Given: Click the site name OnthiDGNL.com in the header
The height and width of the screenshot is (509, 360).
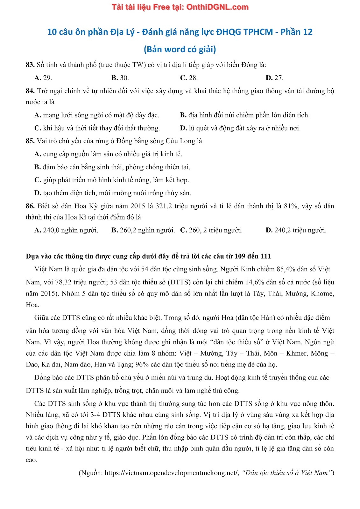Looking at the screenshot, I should click(217, 7).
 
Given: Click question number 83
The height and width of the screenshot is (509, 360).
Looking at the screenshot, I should click(30, 65).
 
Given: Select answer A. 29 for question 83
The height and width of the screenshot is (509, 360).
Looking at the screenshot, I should click(43, 78).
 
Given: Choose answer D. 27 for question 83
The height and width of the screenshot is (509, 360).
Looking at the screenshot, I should click(274, 78).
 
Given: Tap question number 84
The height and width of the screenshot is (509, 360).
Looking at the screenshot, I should click(30, 91).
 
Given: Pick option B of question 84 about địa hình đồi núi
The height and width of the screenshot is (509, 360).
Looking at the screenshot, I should click(244, 115).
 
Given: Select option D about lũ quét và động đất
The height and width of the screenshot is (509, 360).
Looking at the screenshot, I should click(240, 128).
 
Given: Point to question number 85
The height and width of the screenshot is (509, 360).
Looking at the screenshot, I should click(30, 141).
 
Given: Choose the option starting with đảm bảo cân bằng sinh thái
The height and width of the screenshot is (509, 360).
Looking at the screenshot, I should click(112, 167).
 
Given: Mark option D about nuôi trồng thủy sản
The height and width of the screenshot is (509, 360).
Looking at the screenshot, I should click(113, 193).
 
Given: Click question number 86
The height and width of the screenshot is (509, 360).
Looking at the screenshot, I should click(30, 206).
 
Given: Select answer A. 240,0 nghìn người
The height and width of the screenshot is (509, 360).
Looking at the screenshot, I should click(66, 230).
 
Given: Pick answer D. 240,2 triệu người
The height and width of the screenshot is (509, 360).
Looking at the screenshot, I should click(296, 230).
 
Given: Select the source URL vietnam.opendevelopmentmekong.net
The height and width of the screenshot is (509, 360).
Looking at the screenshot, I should click(171, 473).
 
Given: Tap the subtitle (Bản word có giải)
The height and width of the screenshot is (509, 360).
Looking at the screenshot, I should click(180, 49).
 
